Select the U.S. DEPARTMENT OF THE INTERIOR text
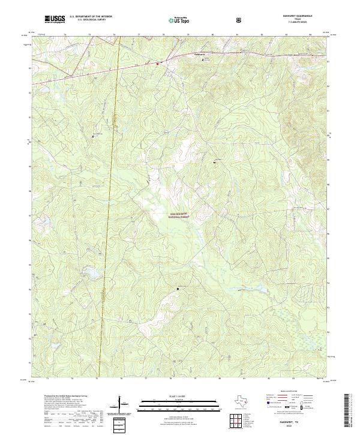point(91,17)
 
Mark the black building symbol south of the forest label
point(178,289)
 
